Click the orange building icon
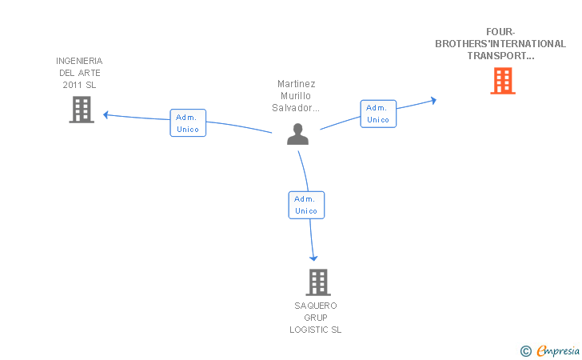[503, 81]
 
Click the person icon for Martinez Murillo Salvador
[297, 134]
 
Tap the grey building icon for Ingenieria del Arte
[82, 110]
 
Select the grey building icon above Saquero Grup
[318, 282]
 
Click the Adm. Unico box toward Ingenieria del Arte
[188, 123]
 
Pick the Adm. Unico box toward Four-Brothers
[378, 114]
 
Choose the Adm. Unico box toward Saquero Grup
[306, 205]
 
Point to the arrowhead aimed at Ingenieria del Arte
[106, 114]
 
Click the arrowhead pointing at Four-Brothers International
[433, 100]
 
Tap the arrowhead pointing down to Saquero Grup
[313, 258]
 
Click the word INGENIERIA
[79, 61]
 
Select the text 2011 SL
[79, 85]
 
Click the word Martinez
[296, 83]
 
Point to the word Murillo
[296, 96]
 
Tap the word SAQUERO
[316, 306]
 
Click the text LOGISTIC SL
[316, 330]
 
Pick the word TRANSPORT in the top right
[496, 56]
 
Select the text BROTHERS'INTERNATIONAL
[500, 44]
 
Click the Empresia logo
[558, 350]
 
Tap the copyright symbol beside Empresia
[526, 351]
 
